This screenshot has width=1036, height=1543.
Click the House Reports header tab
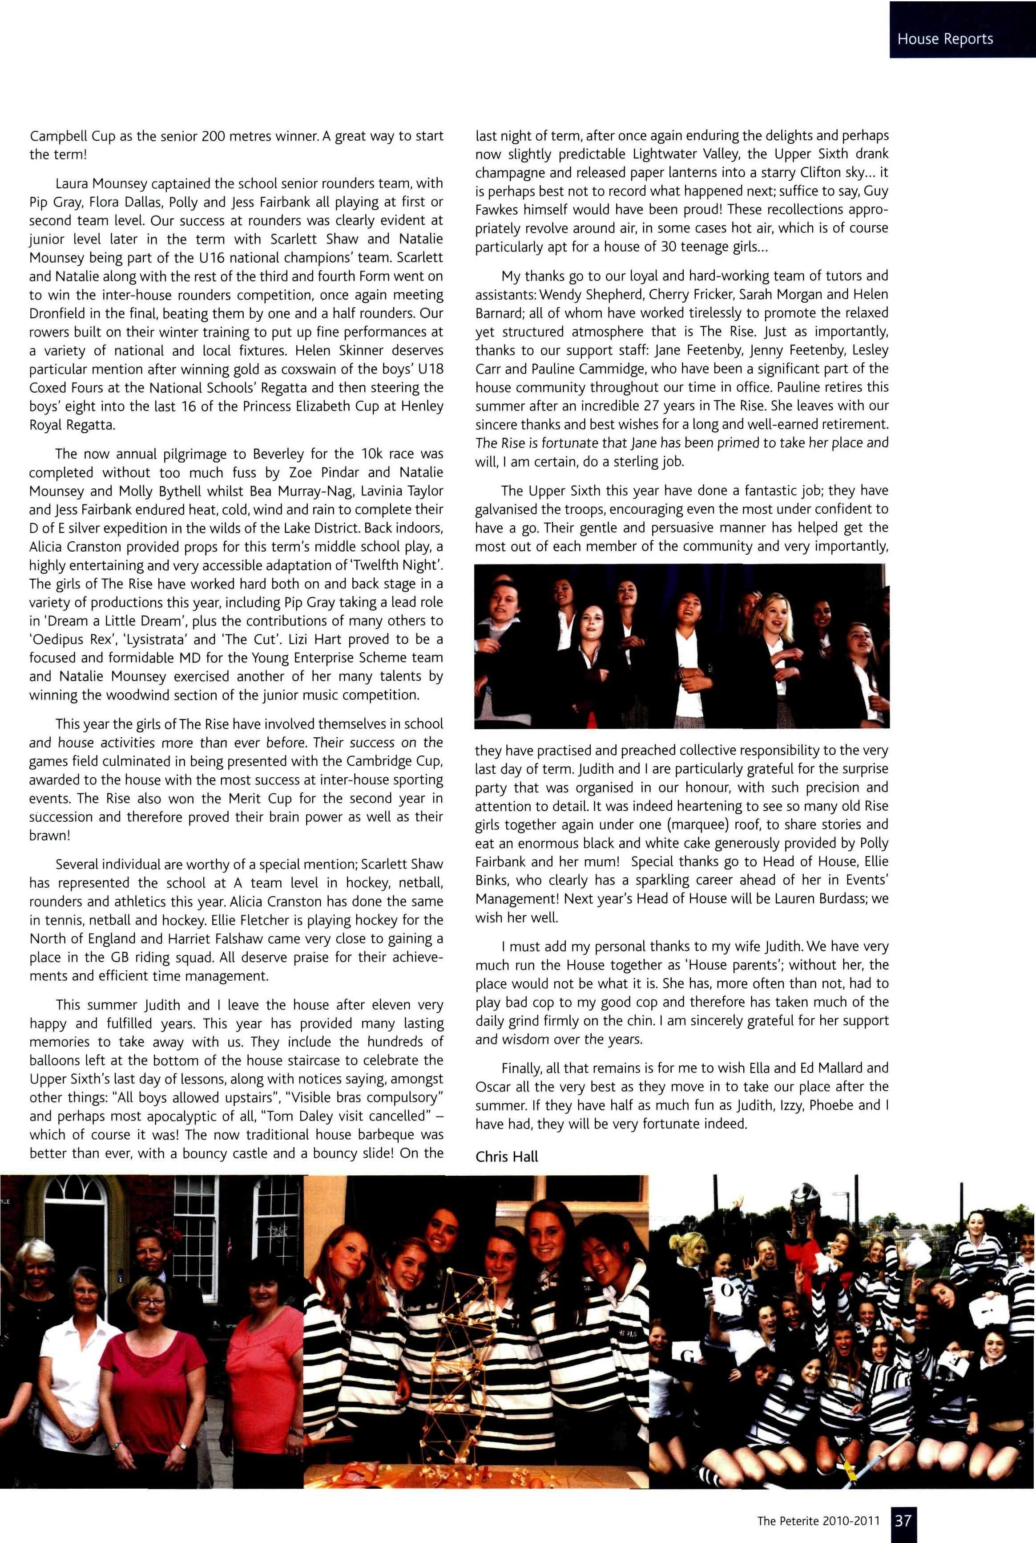point(945,39)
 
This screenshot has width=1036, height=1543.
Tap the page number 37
point(903,1520)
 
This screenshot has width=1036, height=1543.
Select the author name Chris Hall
point(507,1156)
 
